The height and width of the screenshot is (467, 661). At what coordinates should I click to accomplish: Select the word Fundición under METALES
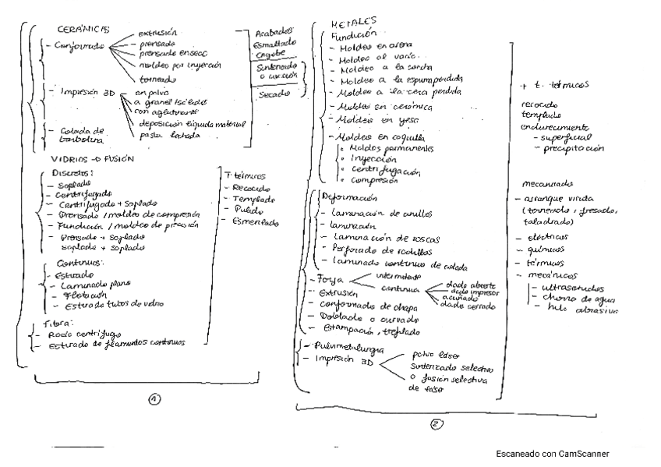[354, 36]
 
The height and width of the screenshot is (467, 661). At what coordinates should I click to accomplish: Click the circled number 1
[155, 401]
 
